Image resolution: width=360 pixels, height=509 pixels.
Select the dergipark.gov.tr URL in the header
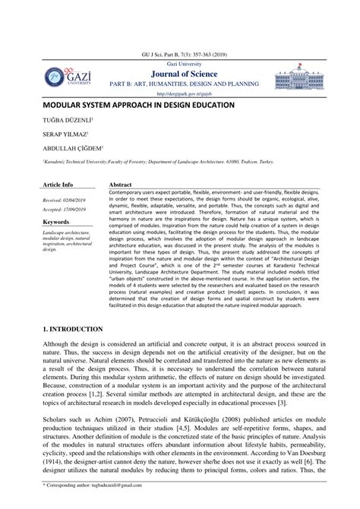tap(181, 93)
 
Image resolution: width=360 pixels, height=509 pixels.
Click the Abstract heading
tap(122, 185)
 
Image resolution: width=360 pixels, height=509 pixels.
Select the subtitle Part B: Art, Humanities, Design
tap(181, 84)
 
